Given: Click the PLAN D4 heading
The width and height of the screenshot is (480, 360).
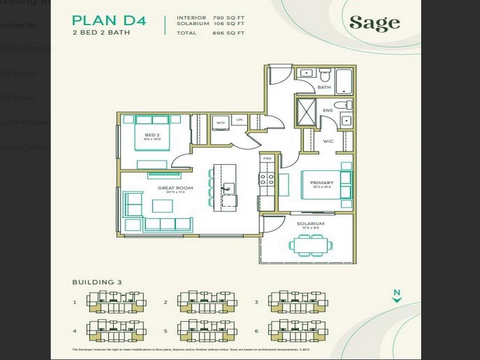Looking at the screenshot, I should tap(109, 20).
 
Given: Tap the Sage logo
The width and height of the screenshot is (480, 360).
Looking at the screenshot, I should tap(375, 23).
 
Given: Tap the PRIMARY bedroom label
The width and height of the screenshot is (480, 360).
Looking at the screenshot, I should tap(322, 183).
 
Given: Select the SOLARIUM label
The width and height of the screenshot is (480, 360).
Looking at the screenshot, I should tap(310, 224).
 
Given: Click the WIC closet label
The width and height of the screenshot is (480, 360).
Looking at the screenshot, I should tap(328, 141).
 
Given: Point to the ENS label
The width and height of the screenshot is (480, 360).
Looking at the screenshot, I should tap(328, 111).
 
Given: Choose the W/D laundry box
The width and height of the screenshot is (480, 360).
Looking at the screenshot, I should tap(220, 123).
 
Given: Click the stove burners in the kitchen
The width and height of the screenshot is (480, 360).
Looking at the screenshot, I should tap(267, 179).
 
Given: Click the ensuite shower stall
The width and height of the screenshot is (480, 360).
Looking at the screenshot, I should tap(307, 112).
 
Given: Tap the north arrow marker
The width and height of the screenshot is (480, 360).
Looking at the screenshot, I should tap(397, 296).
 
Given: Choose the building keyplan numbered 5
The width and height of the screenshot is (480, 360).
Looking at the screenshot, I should tap(207, 330).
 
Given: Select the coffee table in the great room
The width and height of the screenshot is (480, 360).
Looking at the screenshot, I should tap(162, 205).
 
